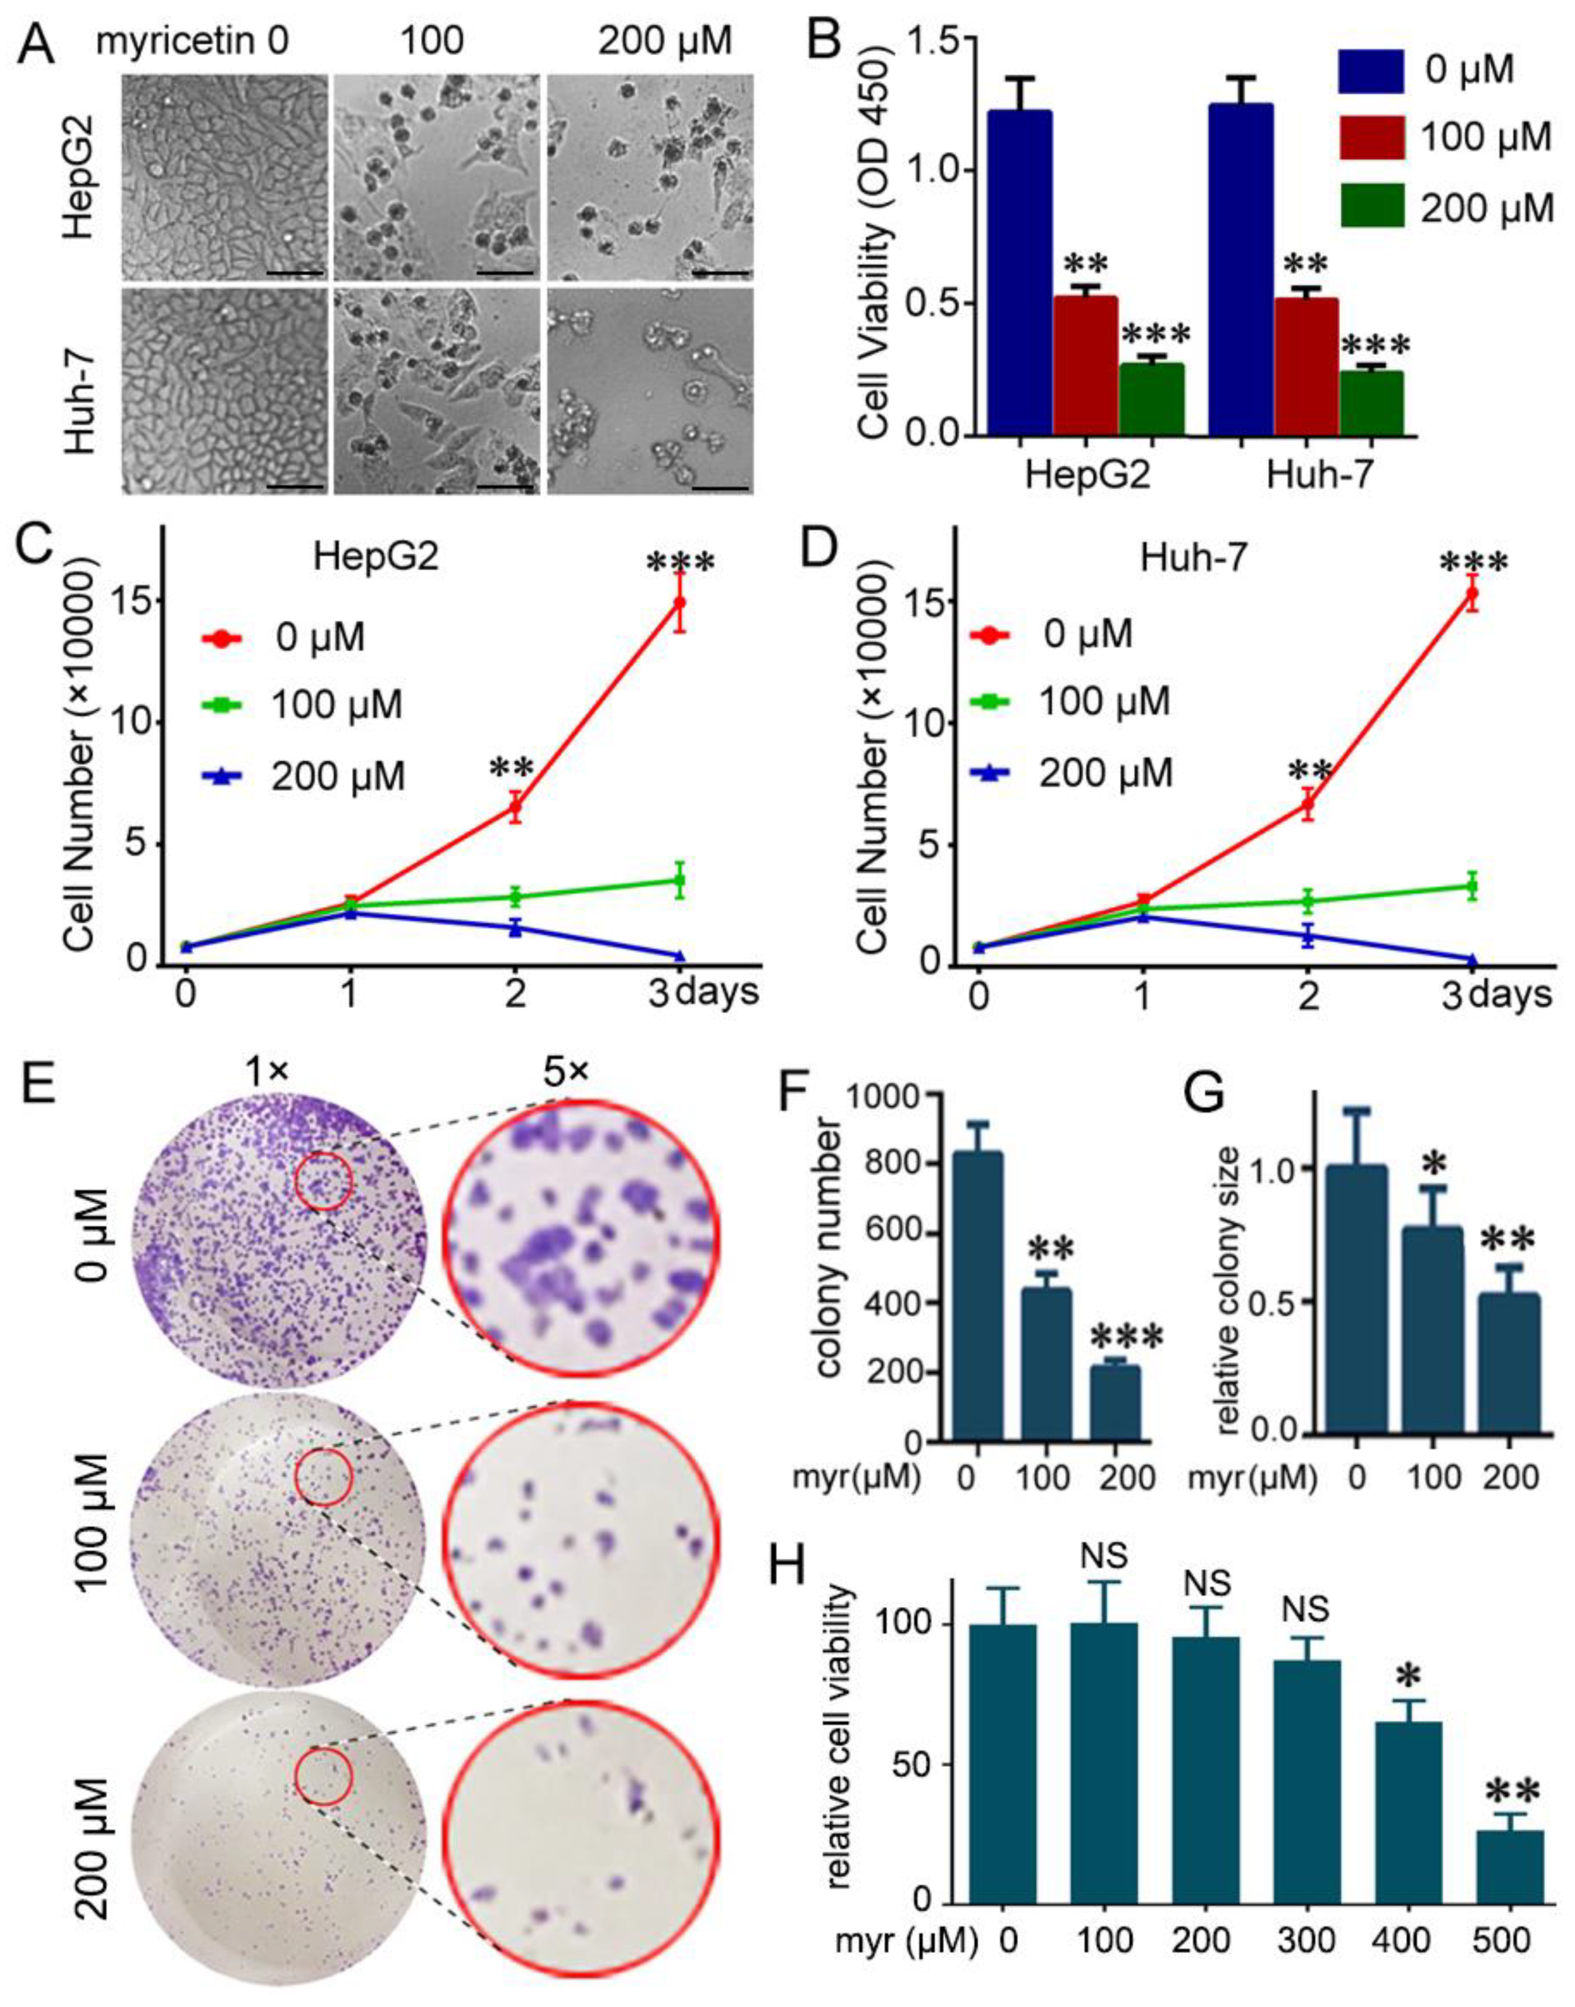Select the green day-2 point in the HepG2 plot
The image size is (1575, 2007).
click(x=516, y=895)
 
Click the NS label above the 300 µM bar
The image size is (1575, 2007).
click(x=1305, y=1610)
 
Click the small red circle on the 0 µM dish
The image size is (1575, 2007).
click(x=324, y=1182)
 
